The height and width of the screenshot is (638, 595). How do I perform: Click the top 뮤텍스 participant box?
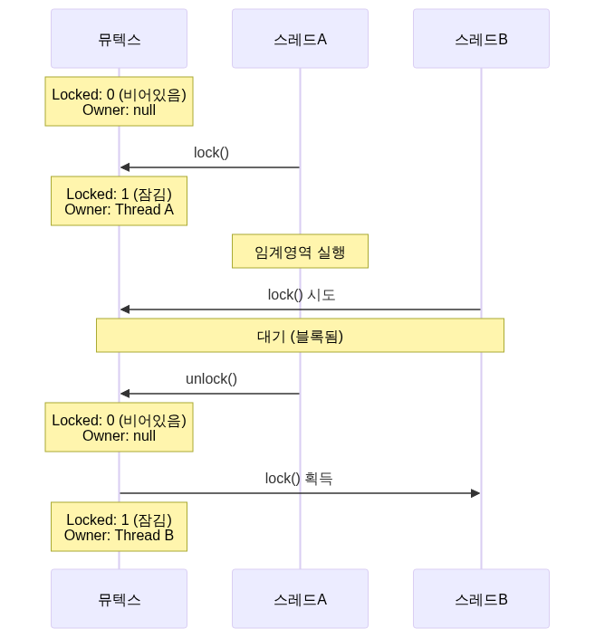119,38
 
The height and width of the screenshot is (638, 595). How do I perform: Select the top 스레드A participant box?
300,38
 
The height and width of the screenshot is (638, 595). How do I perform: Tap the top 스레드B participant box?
481,38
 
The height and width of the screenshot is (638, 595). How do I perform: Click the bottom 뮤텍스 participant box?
119,598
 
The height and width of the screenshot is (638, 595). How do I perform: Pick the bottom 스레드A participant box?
300,598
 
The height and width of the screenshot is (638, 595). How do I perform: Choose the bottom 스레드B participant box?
481,598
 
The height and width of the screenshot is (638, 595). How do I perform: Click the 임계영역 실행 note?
300,252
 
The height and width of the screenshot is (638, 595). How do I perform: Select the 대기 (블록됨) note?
300,335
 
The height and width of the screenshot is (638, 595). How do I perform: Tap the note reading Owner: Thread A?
119,209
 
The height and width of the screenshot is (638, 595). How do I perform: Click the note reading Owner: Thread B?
119,535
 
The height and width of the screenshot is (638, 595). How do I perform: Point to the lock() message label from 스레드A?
211,152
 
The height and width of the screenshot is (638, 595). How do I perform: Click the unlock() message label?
211,378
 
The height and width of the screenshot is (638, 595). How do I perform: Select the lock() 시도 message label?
302,294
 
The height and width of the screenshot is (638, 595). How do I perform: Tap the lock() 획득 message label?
299,478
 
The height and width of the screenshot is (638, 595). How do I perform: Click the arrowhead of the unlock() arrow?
125,394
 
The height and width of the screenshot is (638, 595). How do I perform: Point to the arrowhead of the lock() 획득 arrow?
475,493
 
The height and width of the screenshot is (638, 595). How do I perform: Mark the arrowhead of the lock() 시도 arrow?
125,309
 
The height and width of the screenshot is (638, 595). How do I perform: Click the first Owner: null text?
119,110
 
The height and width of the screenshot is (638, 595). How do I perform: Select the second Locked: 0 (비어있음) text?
119,420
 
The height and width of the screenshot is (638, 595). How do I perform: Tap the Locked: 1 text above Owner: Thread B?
119,519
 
